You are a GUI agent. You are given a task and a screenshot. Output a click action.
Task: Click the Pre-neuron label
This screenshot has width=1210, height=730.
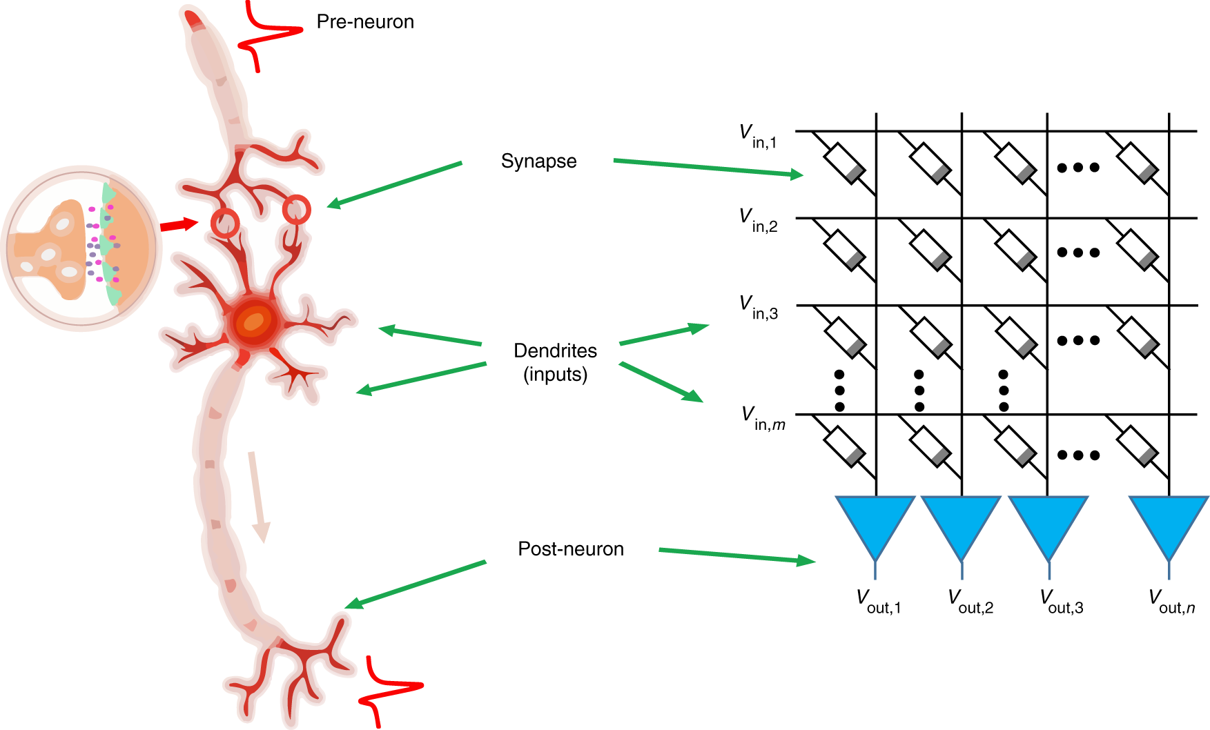(x=364, y=22)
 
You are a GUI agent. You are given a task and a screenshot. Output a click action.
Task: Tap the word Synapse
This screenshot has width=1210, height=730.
(x=538, y=161)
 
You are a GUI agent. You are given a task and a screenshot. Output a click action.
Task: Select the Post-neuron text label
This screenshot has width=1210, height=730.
(x=570, y=549)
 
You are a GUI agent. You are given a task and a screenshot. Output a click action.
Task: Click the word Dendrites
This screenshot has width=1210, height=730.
(x=555, y=351)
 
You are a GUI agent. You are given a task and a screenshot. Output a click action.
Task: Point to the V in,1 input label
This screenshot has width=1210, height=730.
(x=757, y=136)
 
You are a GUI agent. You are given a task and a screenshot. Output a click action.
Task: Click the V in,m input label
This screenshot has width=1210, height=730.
(x=762, y=418)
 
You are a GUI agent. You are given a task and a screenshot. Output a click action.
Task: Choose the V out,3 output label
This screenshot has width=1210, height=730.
(x=1061, y=602)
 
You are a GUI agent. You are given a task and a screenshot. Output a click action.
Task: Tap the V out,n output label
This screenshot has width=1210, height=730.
(x=1171, y=602)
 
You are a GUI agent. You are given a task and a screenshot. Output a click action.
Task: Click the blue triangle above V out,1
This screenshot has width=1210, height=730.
(x=875, y=522)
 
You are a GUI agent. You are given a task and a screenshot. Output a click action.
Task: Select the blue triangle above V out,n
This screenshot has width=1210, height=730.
(x=1169, y=522)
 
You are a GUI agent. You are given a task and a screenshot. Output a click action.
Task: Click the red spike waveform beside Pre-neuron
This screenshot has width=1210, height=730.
(x=266, y=34)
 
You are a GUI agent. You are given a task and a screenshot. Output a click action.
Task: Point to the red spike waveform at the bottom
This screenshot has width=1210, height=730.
(x=387, y=690)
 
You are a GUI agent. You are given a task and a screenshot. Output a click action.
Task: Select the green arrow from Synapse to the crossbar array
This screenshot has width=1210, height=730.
(x=708, y=168)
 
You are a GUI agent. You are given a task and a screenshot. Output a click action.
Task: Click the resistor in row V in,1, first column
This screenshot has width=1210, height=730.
(x=845, y=163)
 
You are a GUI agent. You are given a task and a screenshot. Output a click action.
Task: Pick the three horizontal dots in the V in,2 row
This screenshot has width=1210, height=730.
(x=1078, y=253)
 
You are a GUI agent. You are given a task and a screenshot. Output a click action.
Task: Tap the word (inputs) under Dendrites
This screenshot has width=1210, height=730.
(x=555, y=375)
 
